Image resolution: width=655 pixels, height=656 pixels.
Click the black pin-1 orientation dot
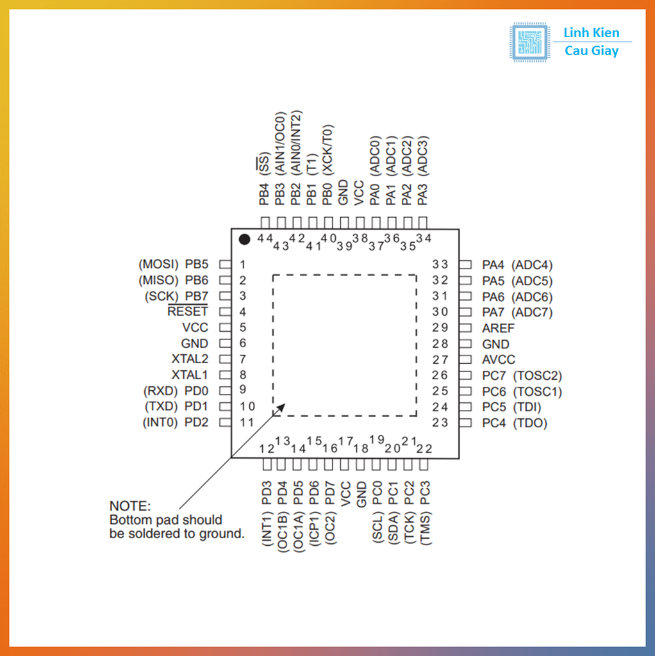[244, 239]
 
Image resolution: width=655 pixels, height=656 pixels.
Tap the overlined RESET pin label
[188, 312]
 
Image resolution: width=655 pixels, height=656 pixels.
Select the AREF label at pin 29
[498, 328]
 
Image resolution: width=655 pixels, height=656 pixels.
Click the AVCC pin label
[499, 360]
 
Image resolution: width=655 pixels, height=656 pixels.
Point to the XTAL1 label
[190, 375]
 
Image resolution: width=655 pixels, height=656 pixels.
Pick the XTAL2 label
[190, 359]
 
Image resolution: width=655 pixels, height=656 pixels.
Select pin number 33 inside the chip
[440, 264]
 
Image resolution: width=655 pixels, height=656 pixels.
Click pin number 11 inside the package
[247, 423]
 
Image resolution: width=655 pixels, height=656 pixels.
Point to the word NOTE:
[129, 506]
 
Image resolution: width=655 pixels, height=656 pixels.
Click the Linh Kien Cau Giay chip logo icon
[529, 42]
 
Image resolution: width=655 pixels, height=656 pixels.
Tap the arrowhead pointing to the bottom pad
[279, 409]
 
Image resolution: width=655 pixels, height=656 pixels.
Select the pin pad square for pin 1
[224, 264]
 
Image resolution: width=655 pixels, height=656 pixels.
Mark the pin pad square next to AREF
[467, 328]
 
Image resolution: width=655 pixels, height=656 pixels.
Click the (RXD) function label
[160, 391]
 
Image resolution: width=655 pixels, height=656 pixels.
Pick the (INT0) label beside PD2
[160, 423]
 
